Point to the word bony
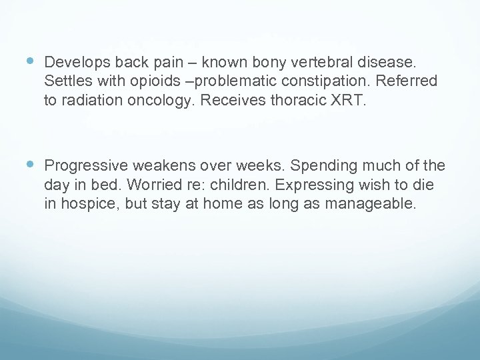point(265,63)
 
